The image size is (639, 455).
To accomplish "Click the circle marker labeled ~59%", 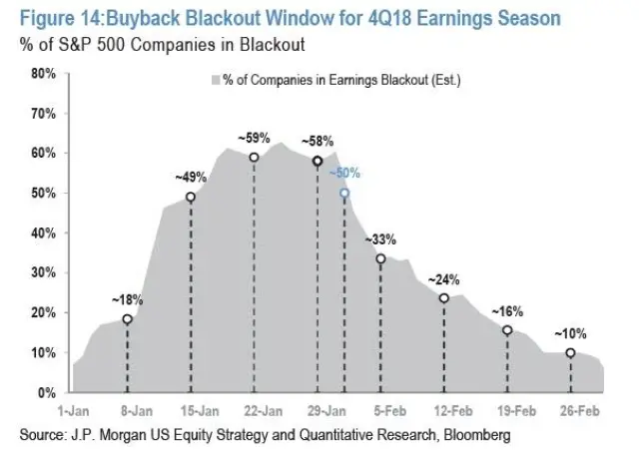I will click(x=254, y=158).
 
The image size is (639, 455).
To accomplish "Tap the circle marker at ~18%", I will click(x=127, y=319).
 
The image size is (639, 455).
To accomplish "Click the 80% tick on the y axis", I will click(x=42, y=73).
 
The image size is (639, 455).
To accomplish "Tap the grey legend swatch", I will click(x=214, y=80).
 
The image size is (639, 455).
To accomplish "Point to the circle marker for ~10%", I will click(x=570, y=353).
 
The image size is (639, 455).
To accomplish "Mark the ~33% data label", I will click(x=380, y=239).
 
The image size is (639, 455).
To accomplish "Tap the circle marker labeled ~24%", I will click(x=444, y=298).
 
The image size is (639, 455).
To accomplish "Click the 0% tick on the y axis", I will click(x=46, y=392).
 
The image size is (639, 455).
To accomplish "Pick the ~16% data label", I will click(x=507, y=310).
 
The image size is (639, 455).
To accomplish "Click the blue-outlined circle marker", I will click(x=344, y=194).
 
